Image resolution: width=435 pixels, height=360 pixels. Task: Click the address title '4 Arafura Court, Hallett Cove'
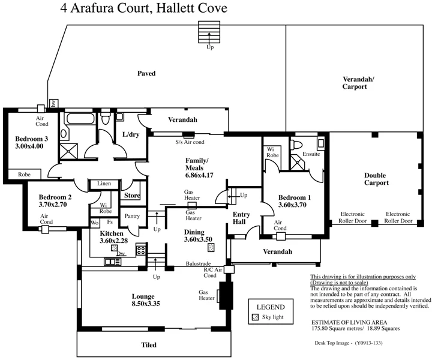(x=143, y=8)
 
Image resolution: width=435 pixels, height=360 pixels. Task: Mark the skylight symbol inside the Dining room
(x=211, y=247)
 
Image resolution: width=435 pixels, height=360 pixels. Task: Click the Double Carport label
(x=375, y=179)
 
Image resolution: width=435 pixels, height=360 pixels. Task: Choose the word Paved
(x=146, y=74)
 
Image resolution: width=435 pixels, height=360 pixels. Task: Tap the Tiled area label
(x=148, y=345)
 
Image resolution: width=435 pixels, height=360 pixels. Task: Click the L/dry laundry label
(x=130, y=134)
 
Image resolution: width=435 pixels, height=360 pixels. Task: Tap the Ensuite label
(x=311, y=154)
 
